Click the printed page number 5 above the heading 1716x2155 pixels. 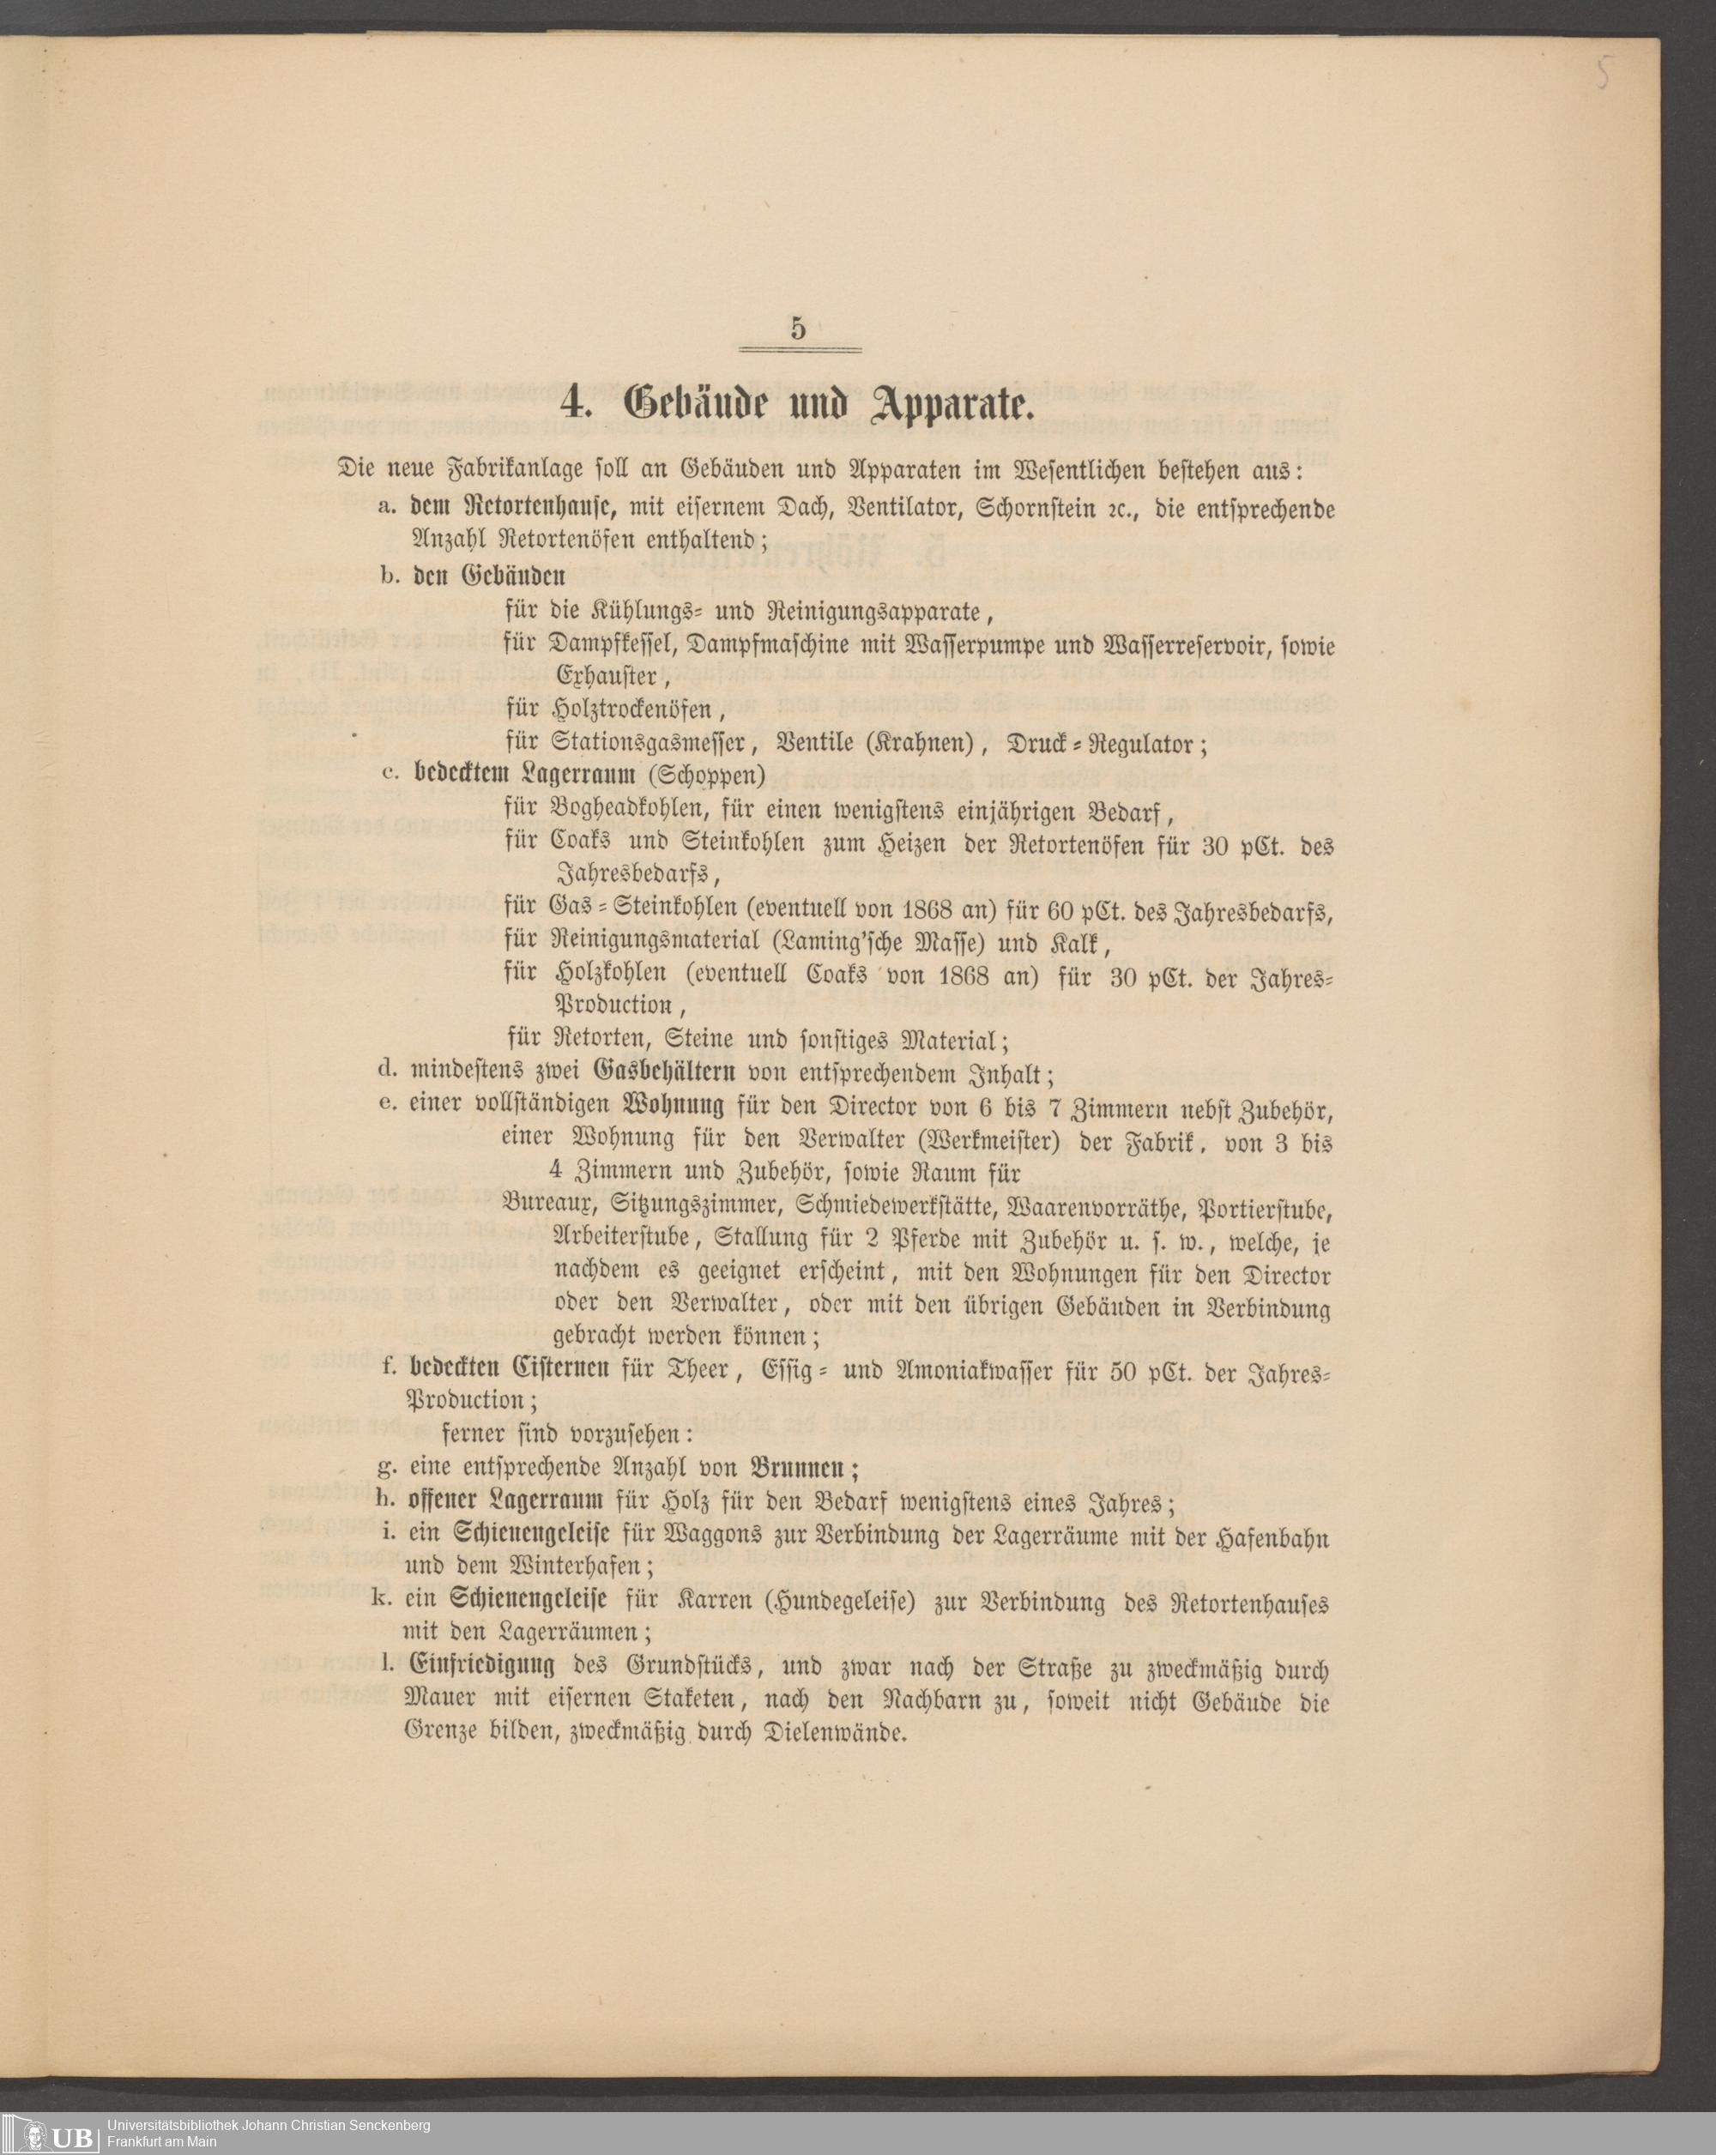click(798, 329)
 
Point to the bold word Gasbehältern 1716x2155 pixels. click(666, 1073)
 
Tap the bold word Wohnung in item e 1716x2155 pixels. click(673, 1108)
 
